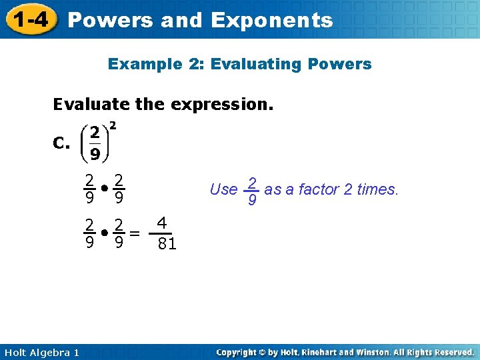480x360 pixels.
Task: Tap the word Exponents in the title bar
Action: pyautogui.click(x=271, y=20)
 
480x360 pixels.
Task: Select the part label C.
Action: pyautogui.click(x=61, y=143)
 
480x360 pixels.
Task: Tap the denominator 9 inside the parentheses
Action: pyautogui.click(x=95, y=155)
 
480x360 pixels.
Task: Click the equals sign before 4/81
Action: pyautogui.click(x=135, y=233)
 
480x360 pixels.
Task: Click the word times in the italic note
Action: pyautogui.click(x=377, y=190)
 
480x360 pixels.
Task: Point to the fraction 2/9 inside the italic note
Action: pyautogui.click(x=252, y=191)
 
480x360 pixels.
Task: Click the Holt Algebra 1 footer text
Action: pyautogui.click(x=39, y=352)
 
